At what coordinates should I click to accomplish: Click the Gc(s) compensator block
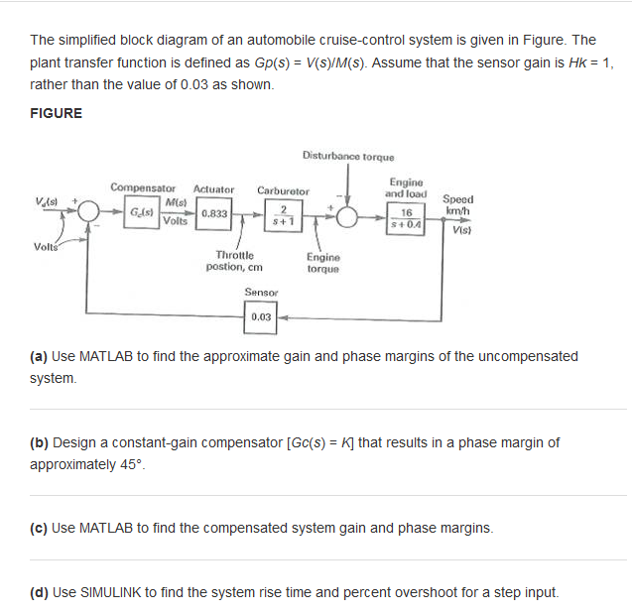tap(142, 213)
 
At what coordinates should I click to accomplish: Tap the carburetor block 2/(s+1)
tap(283, 213)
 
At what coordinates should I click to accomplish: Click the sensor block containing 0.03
tap(261, 317)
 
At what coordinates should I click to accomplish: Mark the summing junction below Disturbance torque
tap(348, 214)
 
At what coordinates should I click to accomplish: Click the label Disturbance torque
tap(348, 157)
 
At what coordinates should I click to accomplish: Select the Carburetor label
tap(283, 190)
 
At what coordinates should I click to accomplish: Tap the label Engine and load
tap(406, 188)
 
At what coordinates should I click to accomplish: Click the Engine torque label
tap(324, 263)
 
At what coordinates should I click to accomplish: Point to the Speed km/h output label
tap(457, 205)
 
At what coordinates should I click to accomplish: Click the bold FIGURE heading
tap(56, 113)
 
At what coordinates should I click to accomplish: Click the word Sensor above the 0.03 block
tap(261, 293)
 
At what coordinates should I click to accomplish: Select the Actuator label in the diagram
tap(213, 188)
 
